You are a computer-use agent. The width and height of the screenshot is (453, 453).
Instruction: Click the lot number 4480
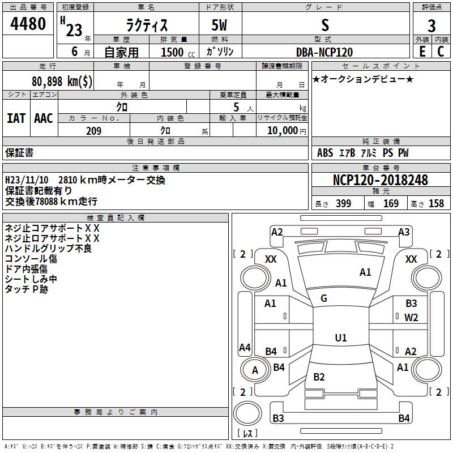pyautogui.click(x=28, y=24)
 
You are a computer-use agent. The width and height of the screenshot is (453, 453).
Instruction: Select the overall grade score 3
pyautogui.click(x=431, y=25)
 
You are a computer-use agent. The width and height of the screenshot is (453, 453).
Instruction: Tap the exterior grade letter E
pyautogui.click(x=422, y=52)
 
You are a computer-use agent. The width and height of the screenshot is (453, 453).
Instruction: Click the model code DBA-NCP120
pyautogui.click(x=324, y=52)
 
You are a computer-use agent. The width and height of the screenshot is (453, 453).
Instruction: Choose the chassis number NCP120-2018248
pyautogui.click(x=381, y=180)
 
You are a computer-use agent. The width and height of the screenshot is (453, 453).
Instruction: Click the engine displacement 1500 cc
pyautogui.click(x=172, y=52)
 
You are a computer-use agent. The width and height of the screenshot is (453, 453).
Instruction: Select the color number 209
pyautogui.click(x=93, y=131)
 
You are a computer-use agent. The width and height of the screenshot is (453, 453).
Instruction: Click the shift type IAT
pyautogui.click(x=16, y=118)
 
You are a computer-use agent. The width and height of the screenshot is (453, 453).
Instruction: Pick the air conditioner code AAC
pyautogui.click(x=44, y=118)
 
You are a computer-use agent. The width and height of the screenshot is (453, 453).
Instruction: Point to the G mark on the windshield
pyautogui.click(x=324, y=298)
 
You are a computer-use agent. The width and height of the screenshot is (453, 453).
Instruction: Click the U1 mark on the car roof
pyautogui.click(x=340, y=338)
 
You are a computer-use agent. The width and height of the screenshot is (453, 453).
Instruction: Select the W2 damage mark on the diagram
pyautogui.click(x=411, y=317)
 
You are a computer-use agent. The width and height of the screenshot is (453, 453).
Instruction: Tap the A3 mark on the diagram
pyautogui.click(x=404, y=232)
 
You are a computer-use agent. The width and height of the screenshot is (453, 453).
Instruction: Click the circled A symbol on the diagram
pyautogui.click(x=255, y=370)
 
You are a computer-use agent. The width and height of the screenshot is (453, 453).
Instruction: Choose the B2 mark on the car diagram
pyautogui.click(x=319, y=377)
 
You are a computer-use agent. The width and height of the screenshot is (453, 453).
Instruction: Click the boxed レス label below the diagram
pyautogui.click(x=247, y=434)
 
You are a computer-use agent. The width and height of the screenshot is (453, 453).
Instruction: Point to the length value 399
pyautogui.click(x=343, y=204)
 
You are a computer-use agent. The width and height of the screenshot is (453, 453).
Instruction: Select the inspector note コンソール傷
pyautogui.click(x=31, y=259)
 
